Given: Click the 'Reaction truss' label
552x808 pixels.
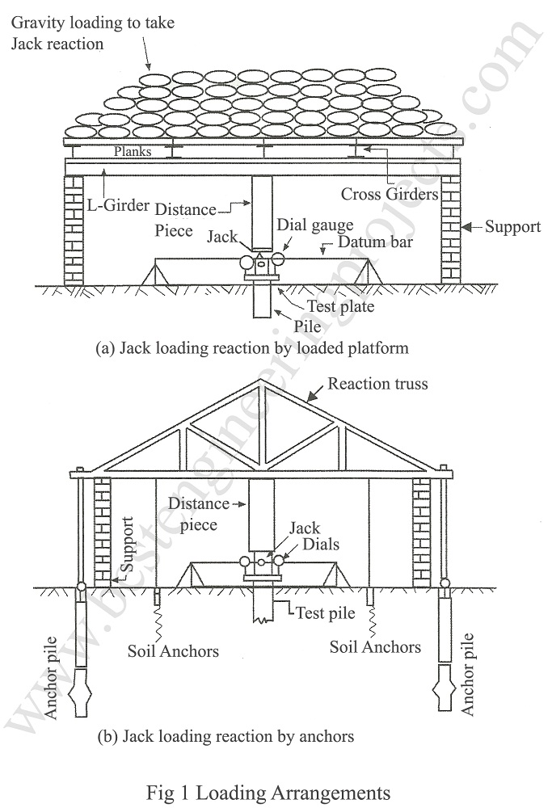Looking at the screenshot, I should click(x=377, y=383).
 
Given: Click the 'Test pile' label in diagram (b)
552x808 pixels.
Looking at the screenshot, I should click(x=325, y=613).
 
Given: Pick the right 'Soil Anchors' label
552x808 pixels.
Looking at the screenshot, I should click(x=375, y=646).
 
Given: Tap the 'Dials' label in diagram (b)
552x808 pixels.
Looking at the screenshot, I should click(x=322, y=544).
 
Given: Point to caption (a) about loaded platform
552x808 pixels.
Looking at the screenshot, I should click(x=252, y=349).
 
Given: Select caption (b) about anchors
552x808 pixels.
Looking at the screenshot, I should click(x=225, y=736).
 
